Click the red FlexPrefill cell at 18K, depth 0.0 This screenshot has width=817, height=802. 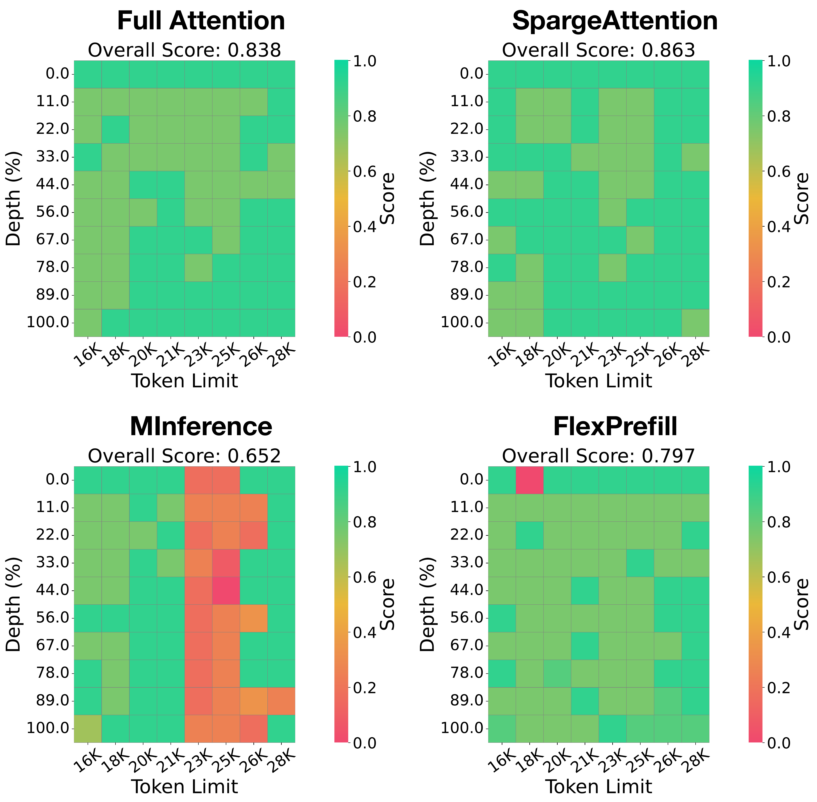[529, 480]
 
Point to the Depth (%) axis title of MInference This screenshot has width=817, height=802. [14, 604]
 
